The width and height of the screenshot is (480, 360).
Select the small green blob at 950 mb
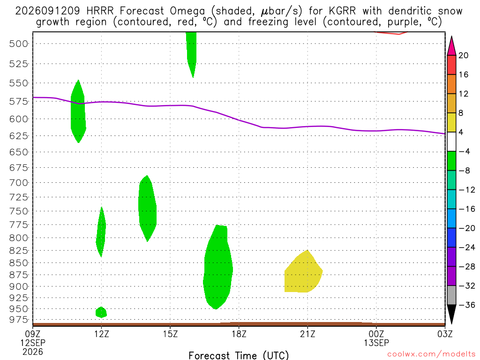(x=101, y=312)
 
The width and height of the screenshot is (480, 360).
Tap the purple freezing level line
(x=239, y=120)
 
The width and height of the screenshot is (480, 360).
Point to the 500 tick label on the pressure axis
(x=19, y=44)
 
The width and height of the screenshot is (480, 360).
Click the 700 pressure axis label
(x=19, y=183)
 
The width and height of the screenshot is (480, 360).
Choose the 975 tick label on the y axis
(x=19, y=320)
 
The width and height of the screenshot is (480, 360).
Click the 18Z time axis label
(x=239, y=334)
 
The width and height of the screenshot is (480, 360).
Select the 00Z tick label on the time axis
(x=376, y=334)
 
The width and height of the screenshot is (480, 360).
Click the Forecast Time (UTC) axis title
(x=239, y=355)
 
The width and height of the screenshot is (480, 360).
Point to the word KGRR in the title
(x=342, y=11)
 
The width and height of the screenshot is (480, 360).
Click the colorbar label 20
(x=463, y=55)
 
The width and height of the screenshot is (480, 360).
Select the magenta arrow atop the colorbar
(x=451, y=46)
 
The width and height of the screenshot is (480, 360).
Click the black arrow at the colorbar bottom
(x=451, y=314)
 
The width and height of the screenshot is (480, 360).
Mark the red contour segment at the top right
(x=391, y=33)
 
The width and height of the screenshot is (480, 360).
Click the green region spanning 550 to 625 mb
(x=78, y=112)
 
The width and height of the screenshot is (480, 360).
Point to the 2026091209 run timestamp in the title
(x=48, y=11)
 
